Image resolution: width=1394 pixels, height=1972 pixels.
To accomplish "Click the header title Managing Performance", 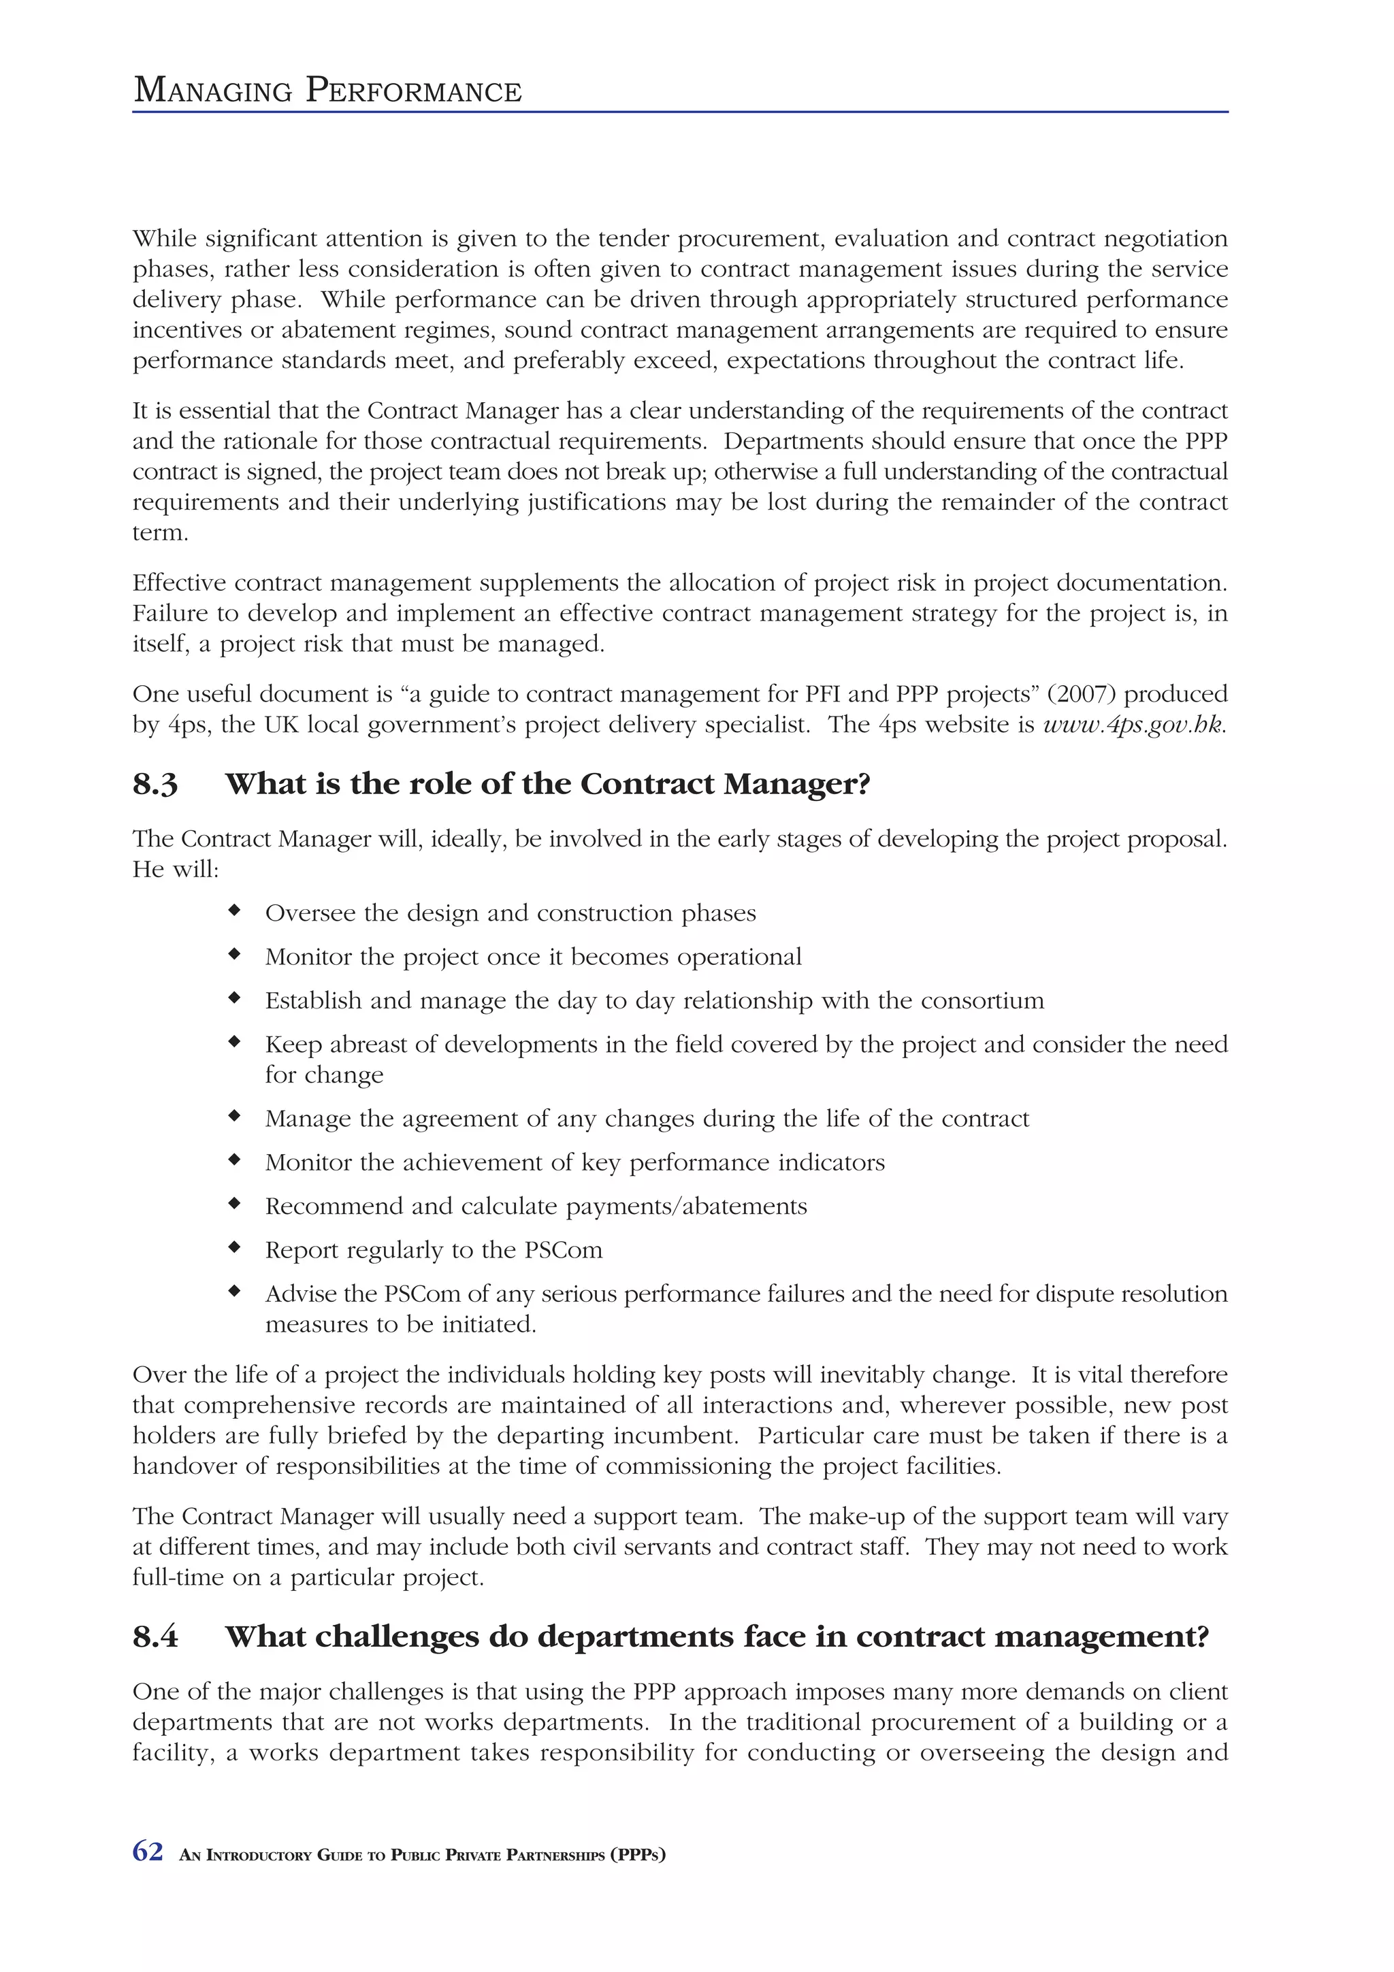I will click(327, 91).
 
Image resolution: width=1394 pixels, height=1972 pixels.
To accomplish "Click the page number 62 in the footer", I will click(148, 1851).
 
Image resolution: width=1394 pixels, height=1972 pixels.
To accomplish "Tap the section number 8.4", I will click(155, 1637).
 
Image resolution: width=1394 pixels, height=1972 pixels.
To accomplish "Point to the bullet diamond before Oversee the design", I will click(233, 910).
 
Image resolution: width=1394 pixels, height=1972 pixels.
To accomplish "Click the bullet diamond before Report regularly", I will click(233, 1247).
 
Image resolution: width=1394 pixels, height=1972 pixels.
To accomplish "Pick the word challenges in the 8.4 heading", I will click(397, 1637).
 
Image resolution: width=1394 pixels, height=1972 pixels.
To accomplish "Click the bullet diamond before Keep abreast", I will click(233, 1042).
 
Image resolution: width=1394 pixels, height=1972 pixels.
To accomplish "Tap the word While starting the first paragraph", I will click(164, 239).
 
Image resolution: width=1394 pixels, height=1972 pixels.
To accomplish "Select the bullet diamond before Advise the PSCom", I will click(233, 1291).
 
